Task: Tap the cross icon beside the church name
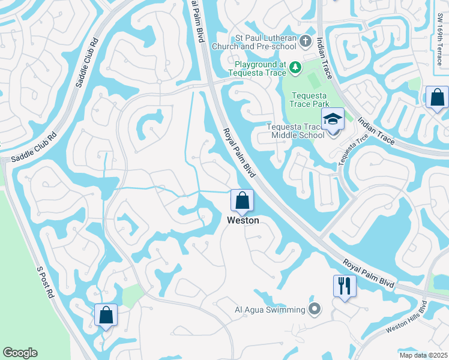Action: click(305, 42)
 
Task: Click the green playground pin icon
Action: click(295, 68)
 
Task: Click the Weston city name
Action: click(243, 220)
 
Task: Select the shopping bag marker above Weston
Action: click(242, 201)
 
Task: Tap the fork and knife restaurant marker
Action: click(344, 286)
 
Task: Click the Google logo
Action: click(20, 353)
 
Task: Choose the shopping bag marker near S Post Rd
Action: click(106, 316)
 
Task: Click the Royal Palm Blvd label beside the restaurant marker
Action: click(369, 273)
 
